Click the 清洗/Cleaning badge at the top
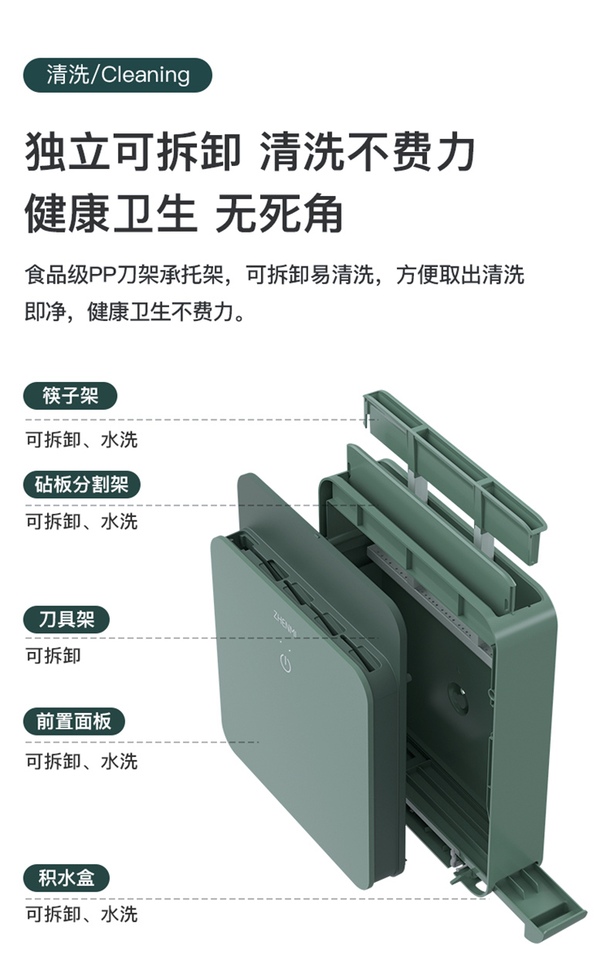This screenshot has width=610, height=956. click(118, 75)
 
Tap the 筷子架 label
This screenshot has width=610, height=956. click(70, 396)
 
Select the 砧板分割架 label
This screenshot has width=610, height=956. click(81, 485)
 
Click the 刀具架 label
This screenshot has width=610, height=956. click(67, 619)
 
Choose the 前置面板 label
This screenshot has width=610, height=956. click(74, 722)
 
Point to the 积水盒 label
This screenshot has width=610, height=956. click(67, 878)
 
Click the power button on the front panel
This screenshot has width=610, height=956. click(285, 662)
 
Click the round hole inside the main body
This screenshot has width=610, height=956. click(457, 697)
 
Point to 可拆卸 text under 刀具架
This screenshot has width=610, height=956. click(53, 656)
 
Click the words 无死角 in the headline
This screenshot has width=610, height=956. click(279, 214)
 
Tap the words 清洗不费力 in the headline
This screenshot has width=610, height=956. click(368, 153)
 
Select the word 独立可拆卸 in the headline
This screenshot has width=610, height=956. click(133, 153)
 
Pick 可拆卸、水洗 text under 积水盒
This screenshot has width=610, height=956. click(81, 915)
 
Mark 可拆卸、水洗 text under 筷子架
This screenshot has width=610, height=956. click(81, 440)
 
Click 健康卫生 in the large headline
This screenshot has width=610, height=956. click(111, 214)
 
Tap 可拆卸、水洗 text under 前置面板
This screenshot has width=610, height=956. click(81, 762)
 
